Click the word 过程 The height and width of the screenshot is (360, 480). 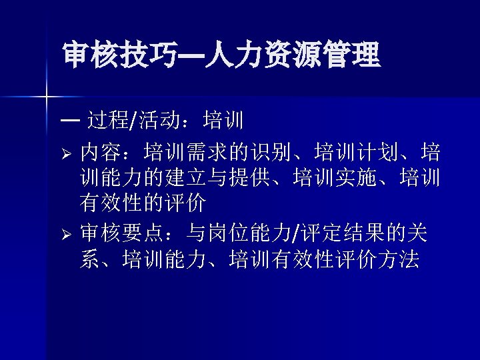click(x=109, y=121)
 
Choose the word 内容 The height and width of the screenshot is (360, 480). click(x=101, y=154)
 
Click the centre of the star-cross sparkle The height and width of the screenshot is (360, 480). click(x=47, y=97)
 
